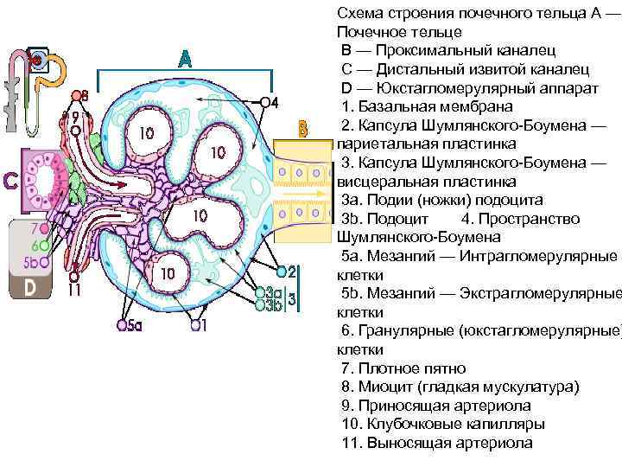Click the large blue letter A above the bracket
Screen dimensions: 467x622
(x=185, y=61)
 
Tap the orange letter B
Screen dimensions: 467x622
(x=302, y=131)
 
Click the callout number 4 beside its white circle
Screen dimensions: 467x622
(x=275, y=102)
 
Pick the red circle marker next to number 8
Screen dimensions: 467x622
(x=74, y=94)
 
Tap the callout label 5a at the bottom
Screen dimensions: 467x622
(x=135, y=326)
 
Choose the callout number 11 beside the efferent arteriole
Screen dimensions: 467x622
(x=76, y=292)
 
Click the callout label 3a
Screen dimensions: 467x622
(x=275, y=292)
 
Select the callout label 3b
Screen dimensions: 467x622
(x=275, y=305)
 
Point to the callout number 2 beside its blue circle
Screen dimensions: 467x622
(x=291, y=271)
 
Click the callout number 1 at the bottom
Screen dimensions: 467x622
(x=205, y=326)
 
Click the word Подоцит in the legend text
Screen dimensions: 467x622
(x=396, y=218)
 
